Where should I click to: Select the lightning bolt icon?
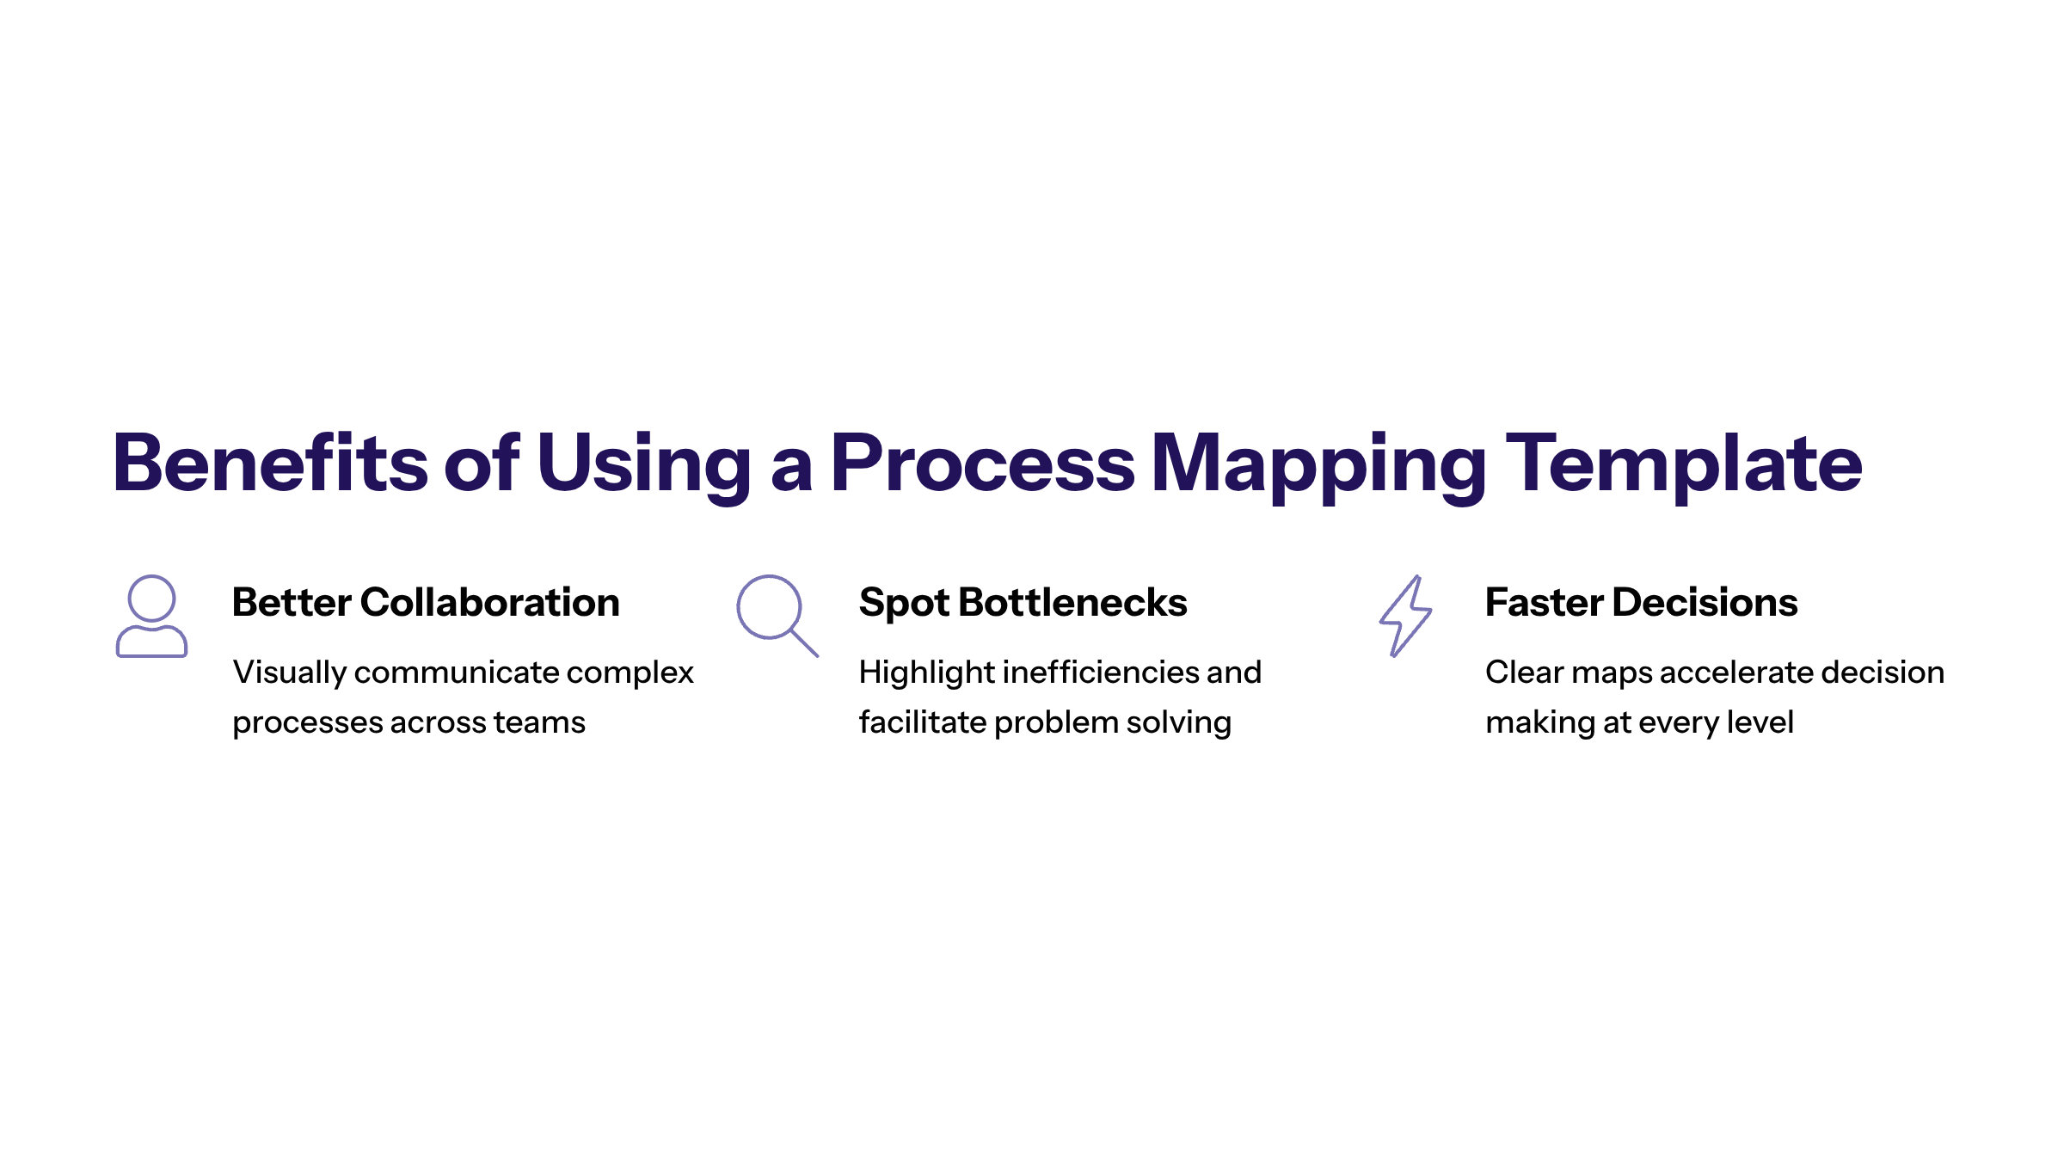coord(1405,616)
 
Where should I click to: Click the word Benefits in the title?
coord(270,464)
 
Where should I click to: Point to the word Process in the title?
coord(982,464)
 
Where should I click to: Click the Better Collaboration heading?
coord(426,602)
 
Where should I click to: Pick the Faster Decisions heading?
coord(1641,602)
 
